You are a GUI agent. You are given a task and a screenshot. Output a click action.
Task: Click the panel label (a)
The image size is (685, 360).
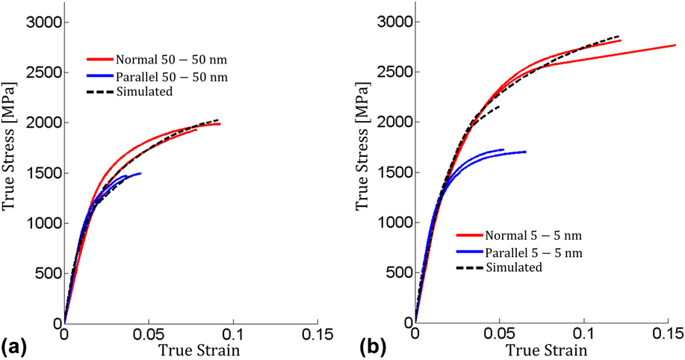click(16, 346)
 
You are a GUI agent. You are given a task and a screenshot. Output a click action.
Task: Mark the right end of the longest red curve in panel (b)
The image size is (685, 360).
click(675, 46)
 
